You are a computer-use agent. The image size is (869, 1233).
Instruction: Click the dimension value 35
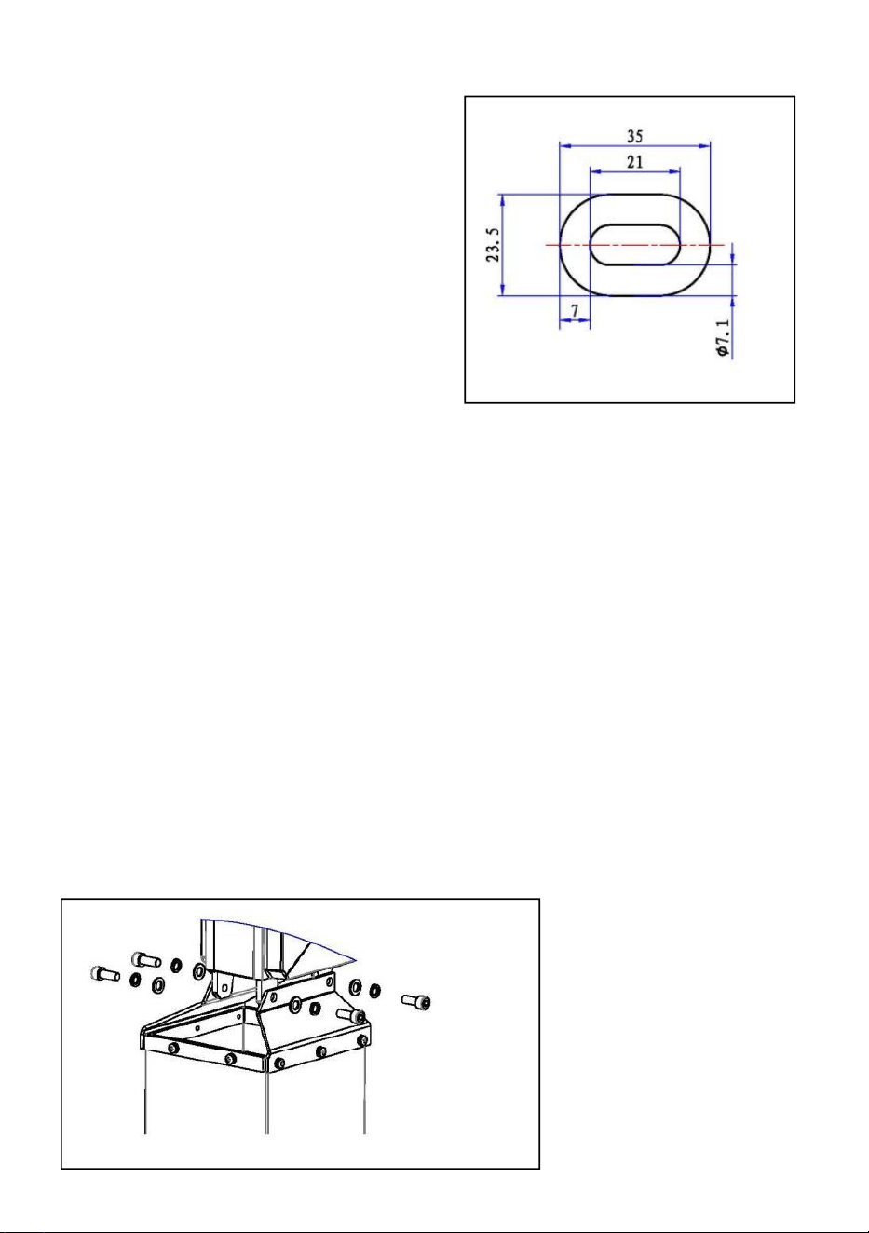tap(634, 136)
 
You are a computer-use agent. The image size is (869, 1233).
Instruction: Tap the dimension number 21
tap(634, 162)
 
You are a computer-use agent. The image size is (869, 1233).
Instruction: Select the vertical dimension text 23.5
tap(493, 244)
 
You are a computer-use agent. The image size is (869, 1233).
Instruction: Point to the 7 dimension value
tap(575, 311)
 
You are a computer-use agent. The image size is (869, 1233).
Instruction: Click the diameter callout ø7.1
tap(724, 338)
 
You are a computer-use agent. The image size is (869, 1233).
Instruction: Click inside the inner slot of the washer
tap(634, 244)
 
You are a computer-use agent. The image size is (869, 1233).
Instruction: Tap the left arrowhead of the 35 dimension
tap(564, 146)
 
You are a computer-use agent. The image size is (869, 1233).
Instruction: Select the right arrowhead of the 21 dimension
tap(675, 171)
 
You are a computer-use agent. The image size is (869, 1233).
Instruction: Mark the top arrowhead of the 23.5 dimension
tap(502, 199)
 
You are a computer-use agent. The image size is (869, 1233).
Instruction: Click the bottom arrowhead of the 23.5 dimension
tap(502, 291)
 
